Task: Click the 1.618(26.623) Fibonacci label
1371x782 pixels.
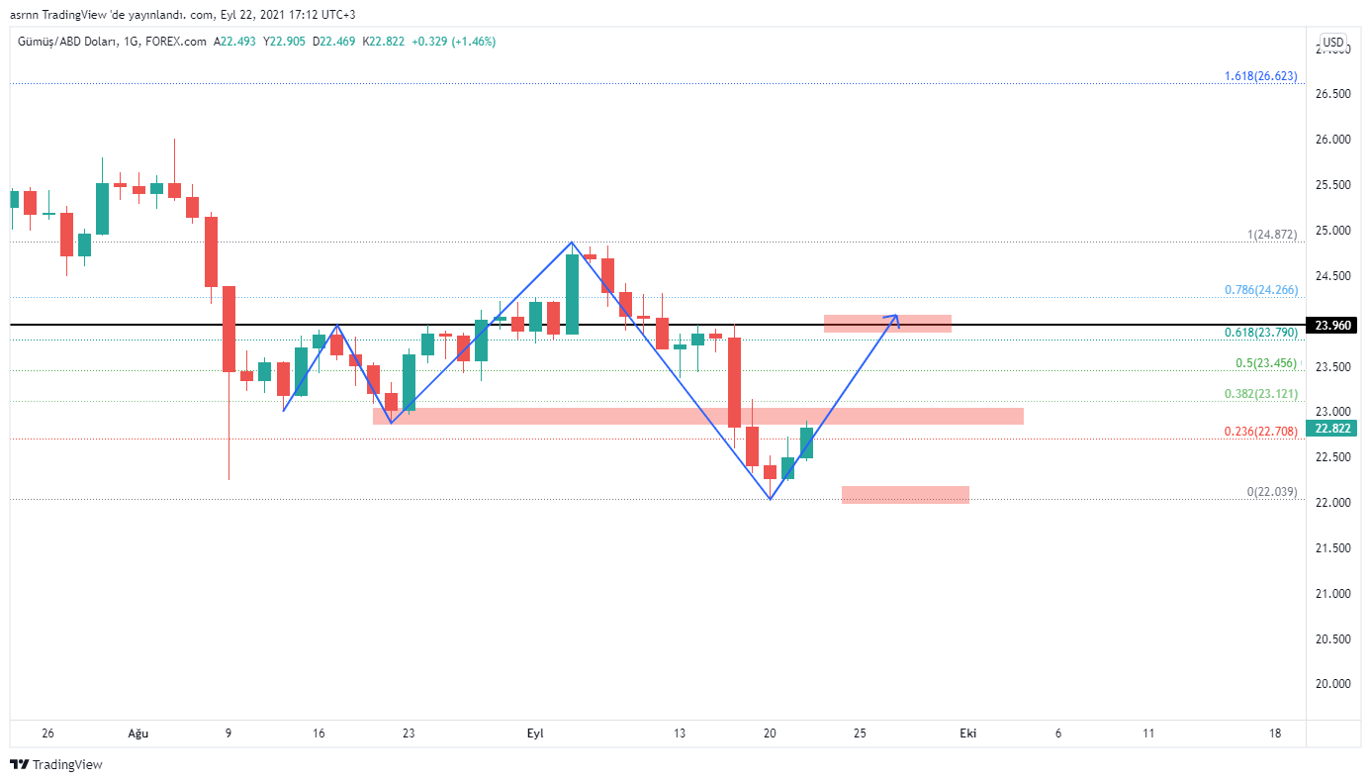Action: click(x=1260, y=76)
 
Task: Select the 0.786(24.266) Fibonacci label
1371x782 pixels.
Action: click(x=1260, y=290)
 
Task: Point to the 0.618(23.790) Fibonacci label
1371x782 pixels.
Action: click(x=1260, y=333)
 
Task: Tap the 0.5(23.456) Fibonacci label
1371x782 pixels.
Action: click(x=1266, y=363)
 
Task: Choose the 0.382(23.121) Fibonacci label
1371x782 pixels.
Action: click(x=1260, y=394)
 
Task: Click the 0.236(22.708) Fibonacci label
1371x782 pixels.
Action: click(x=1260, y=432)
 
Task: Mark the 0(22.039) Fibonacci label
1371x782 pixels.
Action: click(x=1271, y=492)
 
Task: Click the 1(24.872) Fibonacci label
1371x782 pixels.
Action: click(x=1271, y=235)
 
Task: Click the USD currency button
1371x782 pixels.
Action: click(x=1333, y=42)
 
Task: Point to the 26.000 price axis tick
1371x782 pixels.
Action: click(x=1333, y=140)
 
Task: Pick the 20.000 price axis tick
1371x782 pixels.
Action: click(x=1333, y=684)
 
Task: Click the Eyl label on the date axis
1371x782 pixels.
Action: click(x=535, y=733)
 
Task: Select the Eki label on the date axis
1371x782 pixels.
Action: click(x=968, y=733)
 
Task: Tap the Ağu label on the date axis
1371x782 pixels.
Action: click(x=138, y=733)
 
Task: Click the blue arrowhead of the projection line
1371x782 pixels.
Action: click(x=895, y=317)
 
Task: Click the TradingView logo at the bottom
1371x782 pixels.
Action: click(x=56, y=764)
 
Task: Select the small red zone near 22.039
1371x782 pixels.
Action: click(x=905, y=495)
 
